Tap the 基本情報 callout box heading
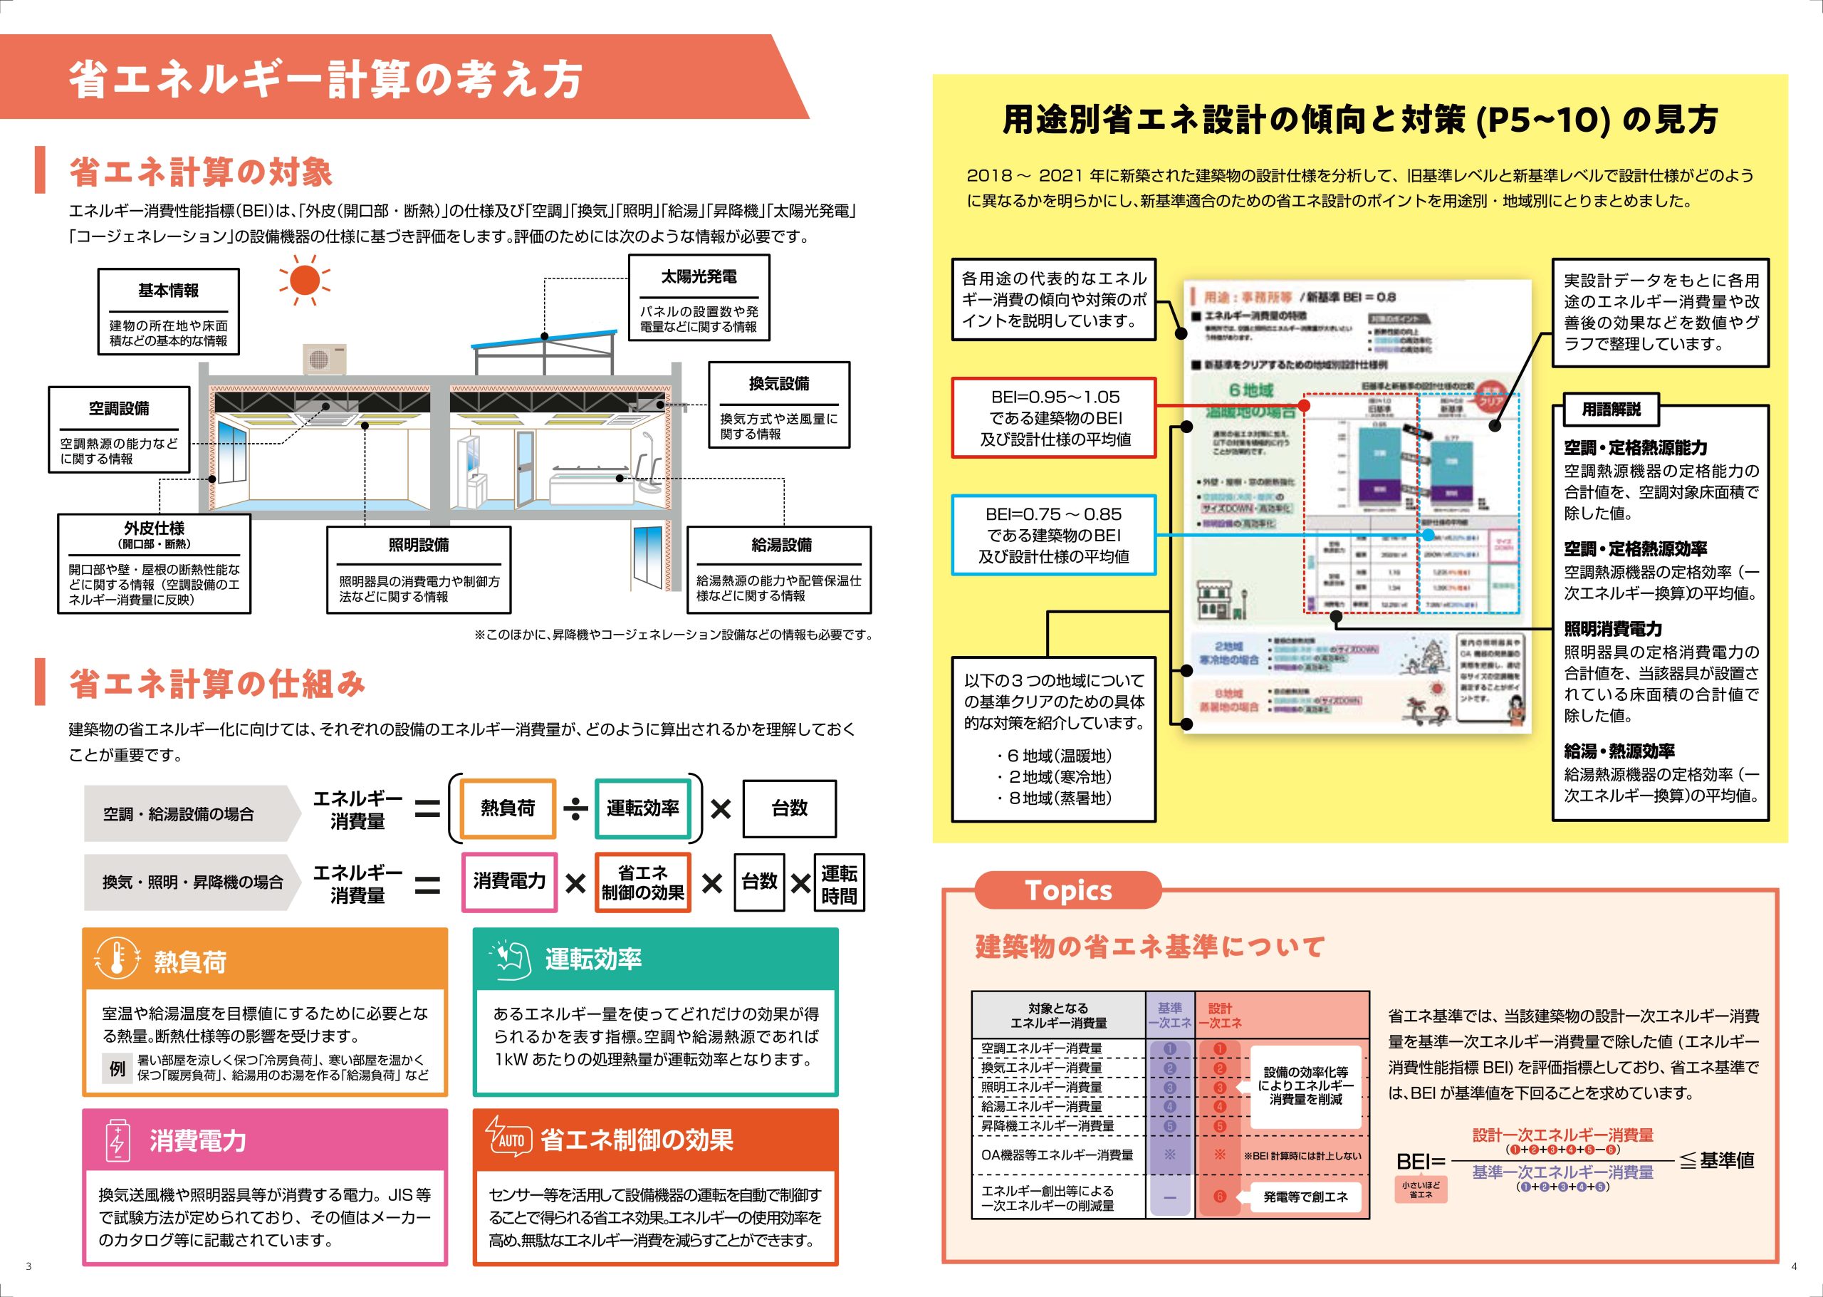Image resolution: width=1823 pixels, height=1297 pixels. pyautogui.click(x=169, y=291)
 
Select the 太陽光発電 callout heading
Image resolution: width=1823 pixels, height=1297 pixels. pyautogui.click(x=699, y=277)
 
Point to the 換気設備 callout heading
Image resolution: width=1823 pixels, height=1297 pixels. pyautogui.click(x=778, y=384)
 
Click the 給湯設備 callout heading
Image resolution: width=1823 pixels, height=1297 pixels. pyautogui.click(x=781, y=545)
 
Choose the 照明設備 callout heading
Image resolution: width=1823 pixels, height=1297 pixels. pyautogui.click(x=419, y=545)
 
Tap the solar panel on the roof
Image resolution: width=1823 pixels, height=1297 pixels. pyautogui.click(x=543, y=338)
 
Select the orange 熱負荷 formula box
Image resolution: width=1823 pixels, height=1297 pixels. pyautogui.click(x=508, y=808)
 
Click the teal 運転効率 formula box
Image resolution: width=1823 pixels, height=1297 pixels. pyautogui.click(x=642, y=808)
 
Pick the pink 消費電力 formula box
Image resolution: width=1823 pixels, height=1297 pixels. pyautogui.click(x=509, y=882)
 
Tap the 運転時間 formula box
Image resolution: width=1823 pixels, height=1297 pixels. pyautogui.click(x=838, y=883)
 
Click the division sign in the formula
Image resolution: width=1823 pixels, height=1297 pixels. pyautogui.click(x=575, y=810)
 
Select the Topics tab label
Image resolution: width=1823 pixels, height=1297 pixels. pyautogui.click(x=1067, y=890)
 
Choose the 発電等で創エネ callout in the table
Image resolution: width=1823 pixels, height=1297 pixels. pyautogui.click(x=1305, y=1197)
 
